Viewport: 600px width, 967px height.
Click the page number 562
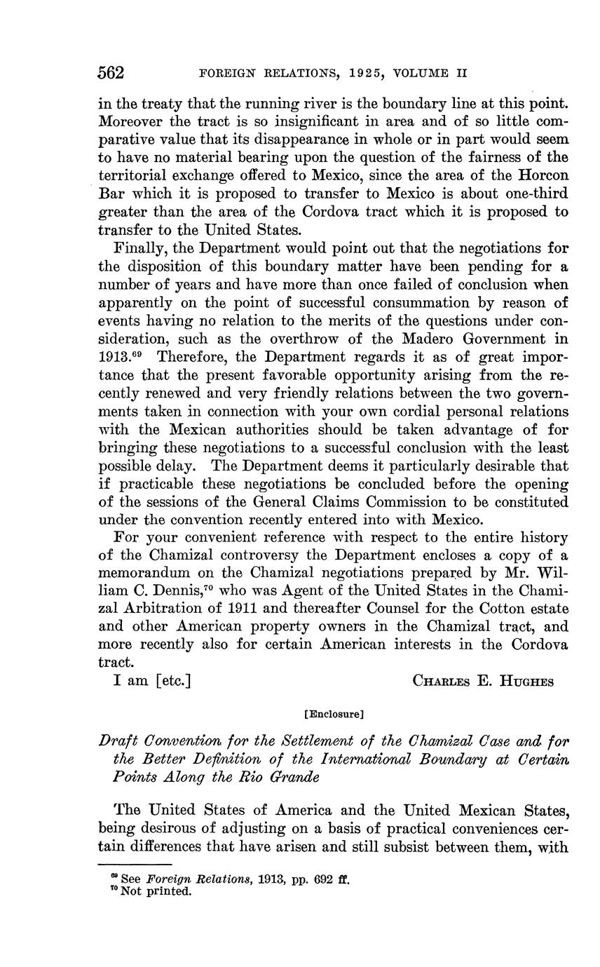[x=111, y=73]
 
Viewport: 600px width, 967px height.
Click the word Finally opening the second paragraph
[x=139, y=248]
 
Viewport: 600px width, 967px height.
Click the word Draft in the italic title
[x=116, y=741]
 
